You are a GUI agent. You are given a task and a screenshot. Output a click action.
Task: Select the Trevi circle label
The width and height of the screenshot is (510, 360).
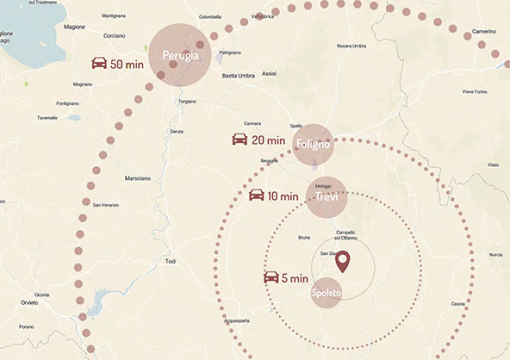coord(326,197)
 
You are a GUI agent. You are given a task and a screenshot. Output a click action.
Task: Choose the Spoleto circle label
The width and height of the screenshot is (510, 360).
coord(327,294)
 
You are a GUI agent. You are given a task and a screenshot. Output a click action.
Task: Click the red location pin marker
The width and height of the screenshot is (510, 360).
coord(342,261)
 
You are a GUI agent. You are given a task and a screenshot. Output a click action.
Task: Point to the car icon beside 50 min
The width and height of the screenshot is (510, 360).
coord(101,64)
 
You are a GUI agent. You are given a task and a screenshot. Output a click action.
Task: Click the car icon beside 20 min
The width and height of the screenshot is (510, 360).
coord(239,140)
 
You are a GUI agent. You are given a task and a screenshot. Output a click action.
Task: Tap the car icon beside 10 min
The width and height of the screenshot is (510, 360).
coord(257,196)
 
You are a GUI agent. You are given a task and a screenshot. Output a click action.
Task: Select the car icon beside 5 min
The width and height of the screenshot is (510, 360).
coord(271,277)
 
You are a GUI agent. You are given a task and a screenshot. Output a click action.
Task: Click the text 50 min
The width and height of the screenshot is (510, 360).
coord(127,64)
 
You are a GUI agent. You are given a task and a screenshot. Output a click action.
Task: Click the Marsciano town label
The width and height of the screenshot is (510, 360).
coord(137,178)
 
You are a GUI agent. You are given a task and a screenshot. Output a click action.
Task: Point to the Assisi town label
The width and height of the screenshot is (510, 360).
coord(269,75)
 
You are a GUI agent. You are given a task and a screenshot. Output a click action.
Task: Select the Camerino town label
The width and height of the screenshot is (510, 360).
coord(484,31)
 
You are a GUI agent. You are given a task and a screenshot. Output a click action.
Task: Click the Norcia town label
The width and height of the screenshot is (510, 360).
coord(495,255)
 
